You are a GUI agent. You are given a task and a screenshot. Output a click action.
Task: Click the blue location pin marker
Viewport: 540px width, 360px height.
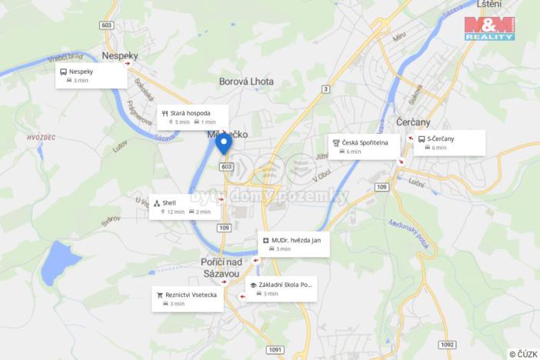tap(223, 144)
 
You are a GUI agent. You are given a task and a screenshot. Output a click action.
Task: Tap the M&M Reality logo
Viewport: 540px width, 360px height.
tap(489, 28)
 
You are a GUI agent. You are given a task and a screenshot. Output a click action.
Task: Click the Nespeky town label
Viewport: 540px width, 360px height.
tap(120, 55)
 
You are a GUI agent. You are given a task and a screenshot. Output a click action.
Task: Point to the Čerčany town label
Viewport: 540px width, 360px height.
tap(414, 122)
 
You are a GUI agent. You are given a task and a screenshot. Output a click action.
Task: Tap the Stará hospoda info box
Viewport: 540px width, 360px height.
tap(193, 117)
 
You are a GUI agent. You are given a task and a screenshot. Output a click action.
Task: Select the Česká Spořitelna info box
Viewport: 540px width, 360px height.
tap(365, 146)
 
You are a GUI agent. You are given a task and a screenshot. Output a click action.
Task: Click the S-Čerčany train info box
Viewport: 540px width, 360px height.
tap(450, 142)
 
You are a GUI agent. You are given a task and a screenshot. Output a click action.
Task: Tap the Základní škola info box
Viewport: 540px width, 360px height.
tap(281, 288)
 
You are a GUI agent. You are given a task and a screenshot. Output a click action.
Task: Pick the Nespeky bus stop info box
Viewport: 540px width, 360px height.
tap(91, 75)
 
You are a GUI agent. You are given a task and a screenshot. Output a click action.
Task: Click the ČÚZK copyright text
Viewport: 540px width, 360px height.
tap(523, 354)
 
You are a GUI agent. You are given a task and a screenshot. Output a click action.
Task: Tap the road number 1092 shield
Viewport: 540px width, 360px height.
tap(448, 344)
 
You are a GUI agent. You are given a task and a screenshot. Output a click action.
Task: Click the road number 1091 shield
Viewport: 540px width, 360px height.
tap(275, 349)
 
